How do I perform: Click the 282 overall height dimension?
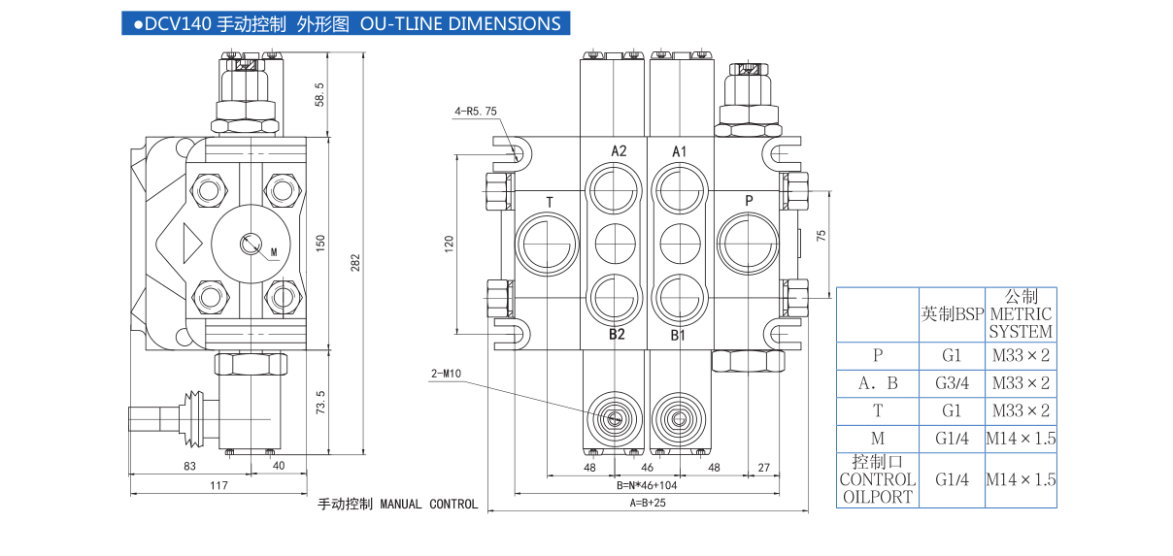pos(354,262)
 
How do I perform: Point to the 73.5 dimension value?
pos(320,402)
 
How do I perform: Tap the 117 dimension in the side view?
pos(218,484)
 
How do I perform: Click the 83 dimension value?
pos(189,466)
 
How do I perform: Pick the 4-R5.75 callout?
pos(476,112)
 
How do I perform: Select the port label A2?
pos(619,151)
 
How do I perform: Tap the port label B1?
pos(679,336)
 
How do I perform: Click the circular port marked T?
pos(548,244)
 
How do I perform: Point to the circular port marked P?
pos(748,244)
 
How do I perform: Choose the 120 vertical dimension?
pos(450,243)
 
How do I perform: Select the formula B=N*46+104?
pos(647,484)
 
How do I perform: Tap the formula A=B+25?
pos(648,503)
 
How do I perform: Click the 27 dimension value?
pos(763,467)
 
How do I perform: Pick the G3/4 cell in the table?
pos(952,383)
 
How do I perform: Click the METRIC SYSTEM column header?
pos(1021,313)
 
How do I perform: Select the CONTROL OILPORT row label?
pos(878,479)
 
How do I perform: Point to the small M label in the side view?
pos(274,252)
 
